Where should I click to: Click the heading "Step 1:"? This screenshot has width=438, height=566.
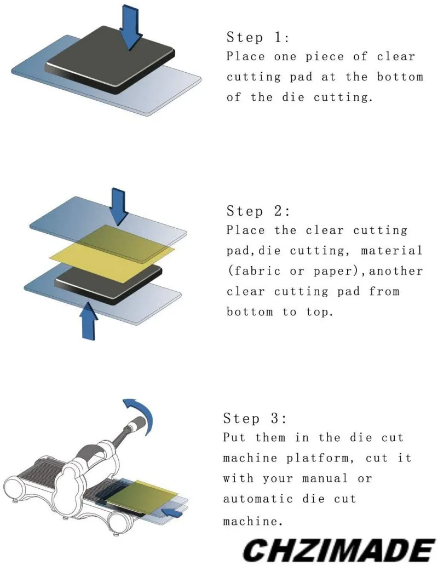pyautogui.click(x=258, y=38)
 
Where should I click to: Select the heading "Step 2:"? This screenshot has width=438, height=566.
pyautogui.click(x=258, y=211)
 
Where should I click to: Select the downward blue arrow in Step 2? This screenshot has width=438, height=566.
pyautogui.click(x=119, y=205)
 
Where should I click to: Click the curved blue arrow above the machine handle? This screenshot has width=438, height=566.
pyautogui.click(x=139, y=413)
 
